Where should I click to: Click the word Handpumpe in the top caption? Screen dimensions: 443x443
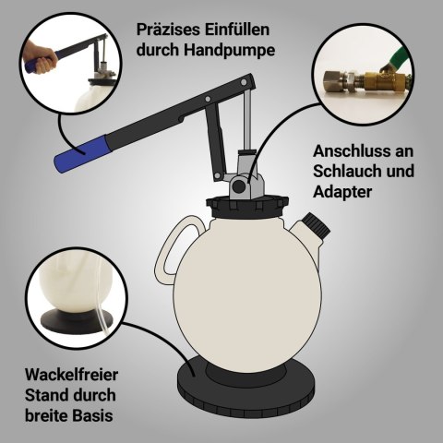point(229,51)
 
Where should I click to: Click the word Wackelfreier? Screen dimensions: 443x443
point(71,375)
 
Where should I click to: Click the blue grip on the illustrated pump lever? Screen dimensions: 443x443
point(82,153)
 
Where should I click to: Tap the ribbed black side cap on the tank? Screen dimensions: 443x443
point(316,224)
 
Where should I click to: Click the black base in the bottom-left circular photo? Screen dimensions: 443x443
point(77,321)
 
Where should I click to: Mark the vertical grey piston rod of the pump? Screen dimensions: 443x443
point(246,119)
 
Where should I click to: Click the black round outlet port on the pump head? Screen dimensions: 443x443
point(238,186)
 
